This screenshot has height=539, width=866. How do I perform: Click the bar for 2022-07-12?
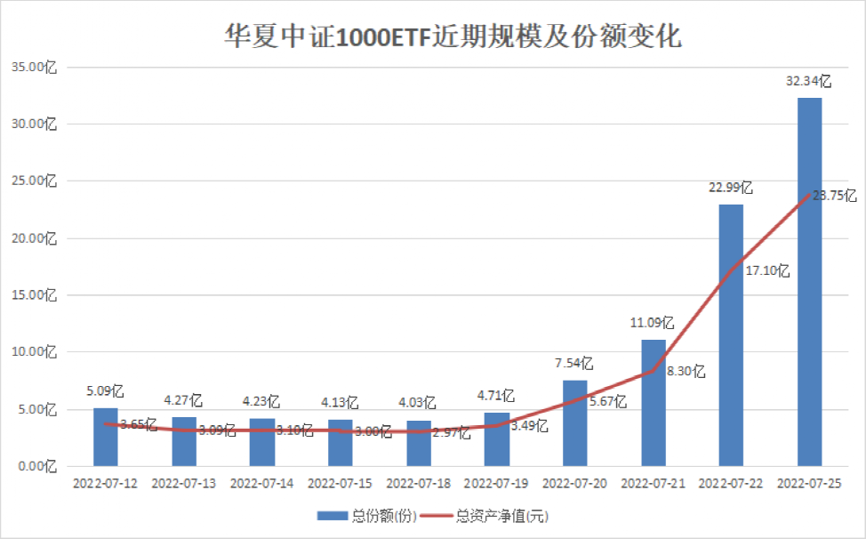pos(105,437)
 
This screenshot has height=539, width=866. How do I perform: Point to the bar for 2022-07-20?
pos(574,422)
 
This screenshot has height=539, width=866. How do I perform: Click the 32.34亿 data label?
pos(808,81)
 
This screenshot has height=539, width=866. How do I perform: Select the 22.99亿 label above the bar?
pos(731,188)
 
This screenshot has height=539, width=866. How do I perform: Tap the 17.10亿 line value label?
pos(767,271)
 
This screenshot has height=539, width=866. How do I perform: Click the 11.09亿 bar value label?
pos(653,323)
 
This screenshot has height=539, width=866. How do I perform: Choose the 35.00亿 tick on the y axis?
pos(32,68)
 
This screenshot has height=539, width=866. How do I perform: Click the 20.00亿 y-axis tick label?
pos(32,238)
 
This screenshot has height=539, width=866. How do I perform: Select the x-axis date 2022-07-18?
pos(418,484)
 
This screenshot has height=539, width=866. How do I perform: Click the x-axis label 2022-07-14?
pos(261,484)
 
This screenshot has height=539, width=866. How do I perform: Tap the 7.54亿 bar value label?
pos(574,363)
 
